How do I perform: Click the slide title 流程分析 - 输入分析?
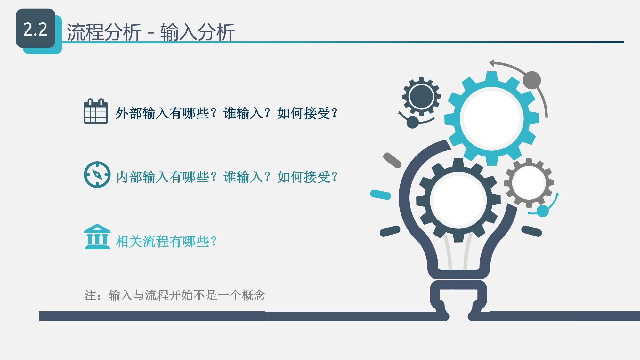(x=151, y=32)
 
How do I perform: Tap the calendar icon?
(x=96, y=111)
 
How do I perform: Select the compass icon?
(x=97, y=175)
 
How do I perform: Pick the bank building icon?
(x=97, y=236)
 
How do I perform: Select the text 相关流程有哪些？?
(x=166, y=241)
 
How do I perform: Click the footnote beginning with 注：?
(x=175, y=295)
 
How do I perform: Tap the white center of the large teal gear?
(x=491, y=118)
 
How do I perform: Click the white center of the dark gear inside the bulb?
(x=458, y=200)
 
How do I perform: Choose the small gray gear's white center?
(x=529, y=183)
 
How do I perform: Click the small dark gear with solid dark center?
(x=421, y=96)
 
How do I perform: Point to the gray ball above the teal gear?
(x=532, y=80)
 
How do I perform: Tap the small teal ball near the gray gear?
(x=542, y=211)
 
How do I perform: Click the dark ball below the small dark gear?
(x=412, y=122)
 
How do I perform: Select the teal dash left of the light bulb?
(x=381, y=195)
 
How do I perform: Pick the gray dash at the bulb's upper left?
(x=392, y=160)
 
